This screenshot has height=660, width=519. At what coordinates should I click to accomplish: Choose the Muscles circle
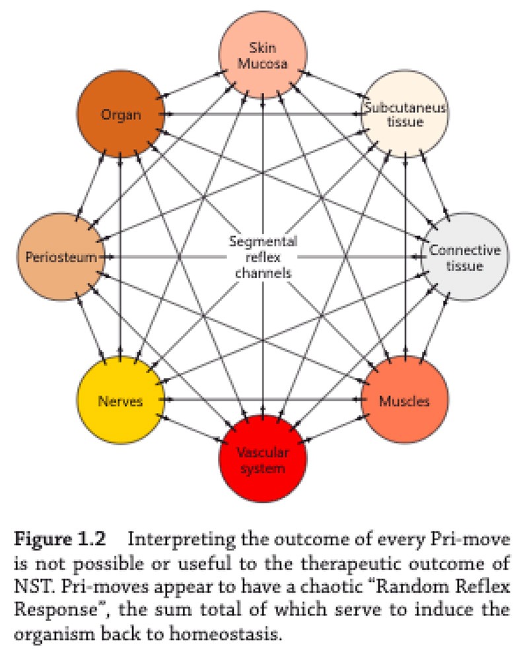pyautogui.click(x=404, y=401)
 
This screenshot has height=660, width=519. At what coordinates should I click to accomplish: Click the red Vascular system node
pyautogui.click(x=263, y=459)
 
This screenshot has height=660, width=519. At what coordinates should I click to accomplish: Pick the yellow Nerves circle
pyautogui.click(x=120, y=401)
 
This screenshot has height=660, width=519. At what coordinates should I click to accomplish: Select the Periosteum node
pyautogui.click(x=61, y=256)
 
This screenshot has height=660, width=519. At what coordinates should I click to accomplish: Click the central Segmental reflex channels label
pyautogui.click(x=263, y=257)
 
